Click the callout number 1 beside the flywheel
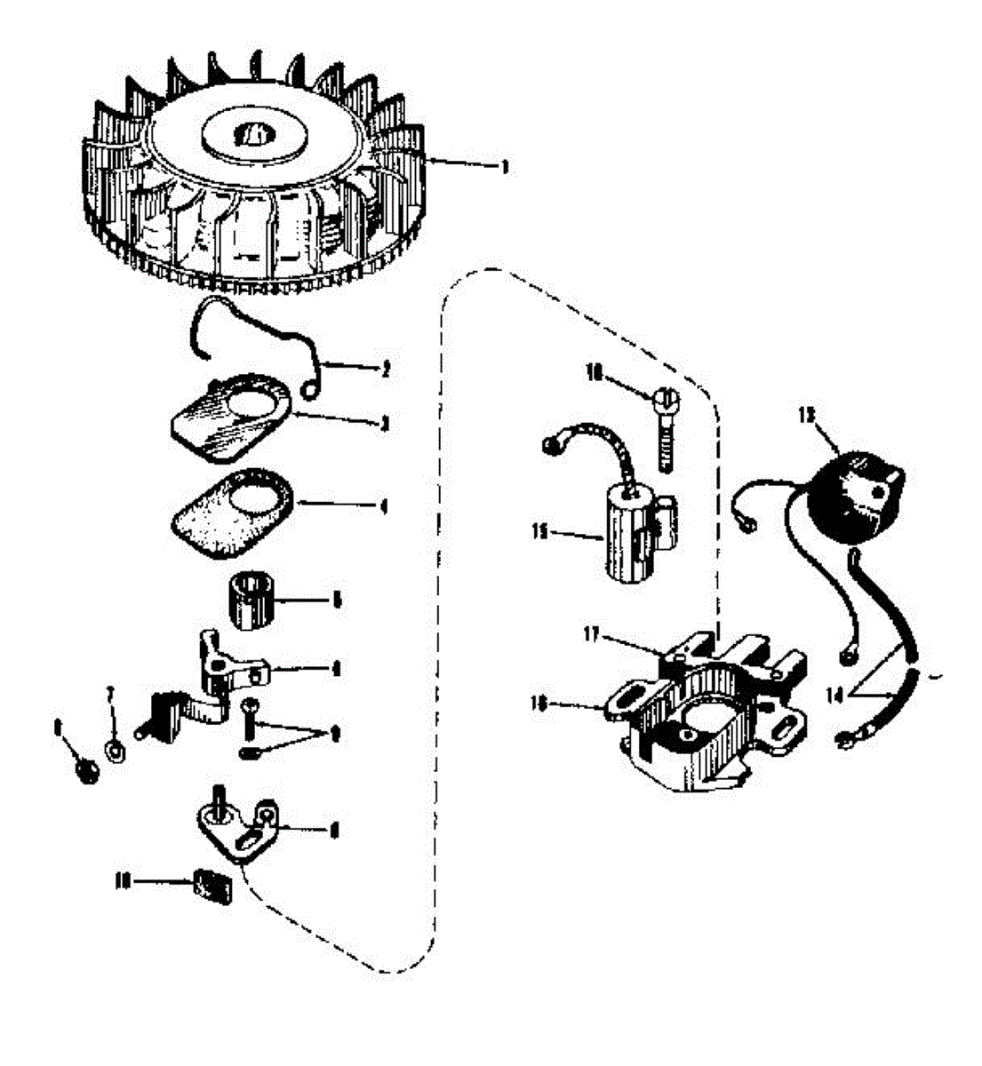point(504,166)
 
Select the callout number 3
point(384,423)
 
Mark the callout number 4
point(384,508)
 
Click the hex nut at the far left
point(89,770)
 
